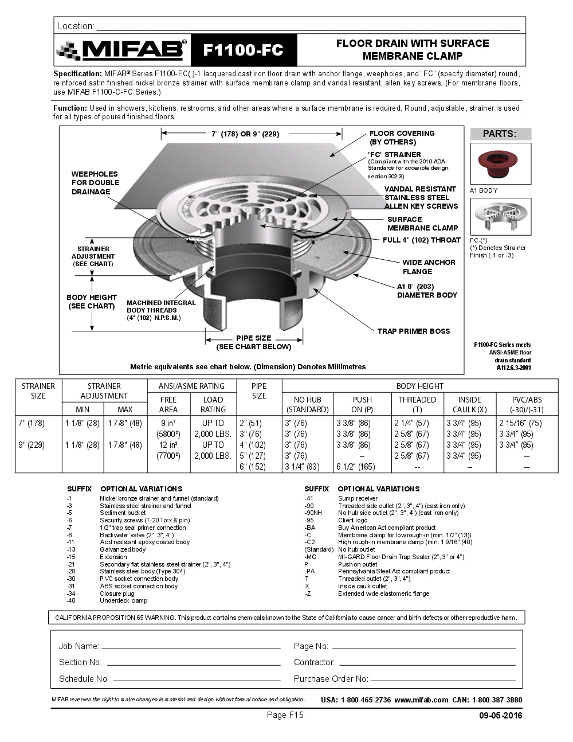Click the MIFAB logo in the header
click(x=121, y=50)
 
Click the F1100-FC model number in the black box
click(x=243, y=50)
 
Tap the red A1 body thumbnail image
click(x=500, y=163)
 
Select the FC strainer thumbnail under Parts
click(x=500, y=217)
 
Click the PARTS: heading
click(x=500, y=134)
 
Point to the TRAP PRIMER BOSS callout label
click(x=413, y=331)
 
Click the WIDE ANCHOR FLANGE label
click(x=428, y=267)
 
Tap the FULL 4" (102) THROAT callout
click(x=421, y=240)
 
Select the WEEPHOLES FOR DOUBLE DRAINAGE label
click(x=95, y=183)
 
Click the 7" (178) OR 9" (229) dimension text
click(x=245, y=134)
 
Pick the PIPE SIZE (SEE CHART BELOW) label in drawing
click(x=253, y=342)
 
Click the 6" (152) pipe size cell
click(x=252, y=467)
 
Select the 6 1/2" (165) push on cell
click(x=355, y=467)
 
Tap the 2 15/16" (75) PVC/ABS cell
click(x=520, y=423)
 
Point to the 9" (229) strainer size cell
click(x=32, y=445)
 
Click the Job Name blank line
click(x=191, y=647)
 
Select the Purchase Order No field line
click(x=443, y=679)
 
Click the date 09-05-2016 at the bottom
click(x=500, y=715)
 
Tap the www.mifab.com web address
click(x=421, y=700)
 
